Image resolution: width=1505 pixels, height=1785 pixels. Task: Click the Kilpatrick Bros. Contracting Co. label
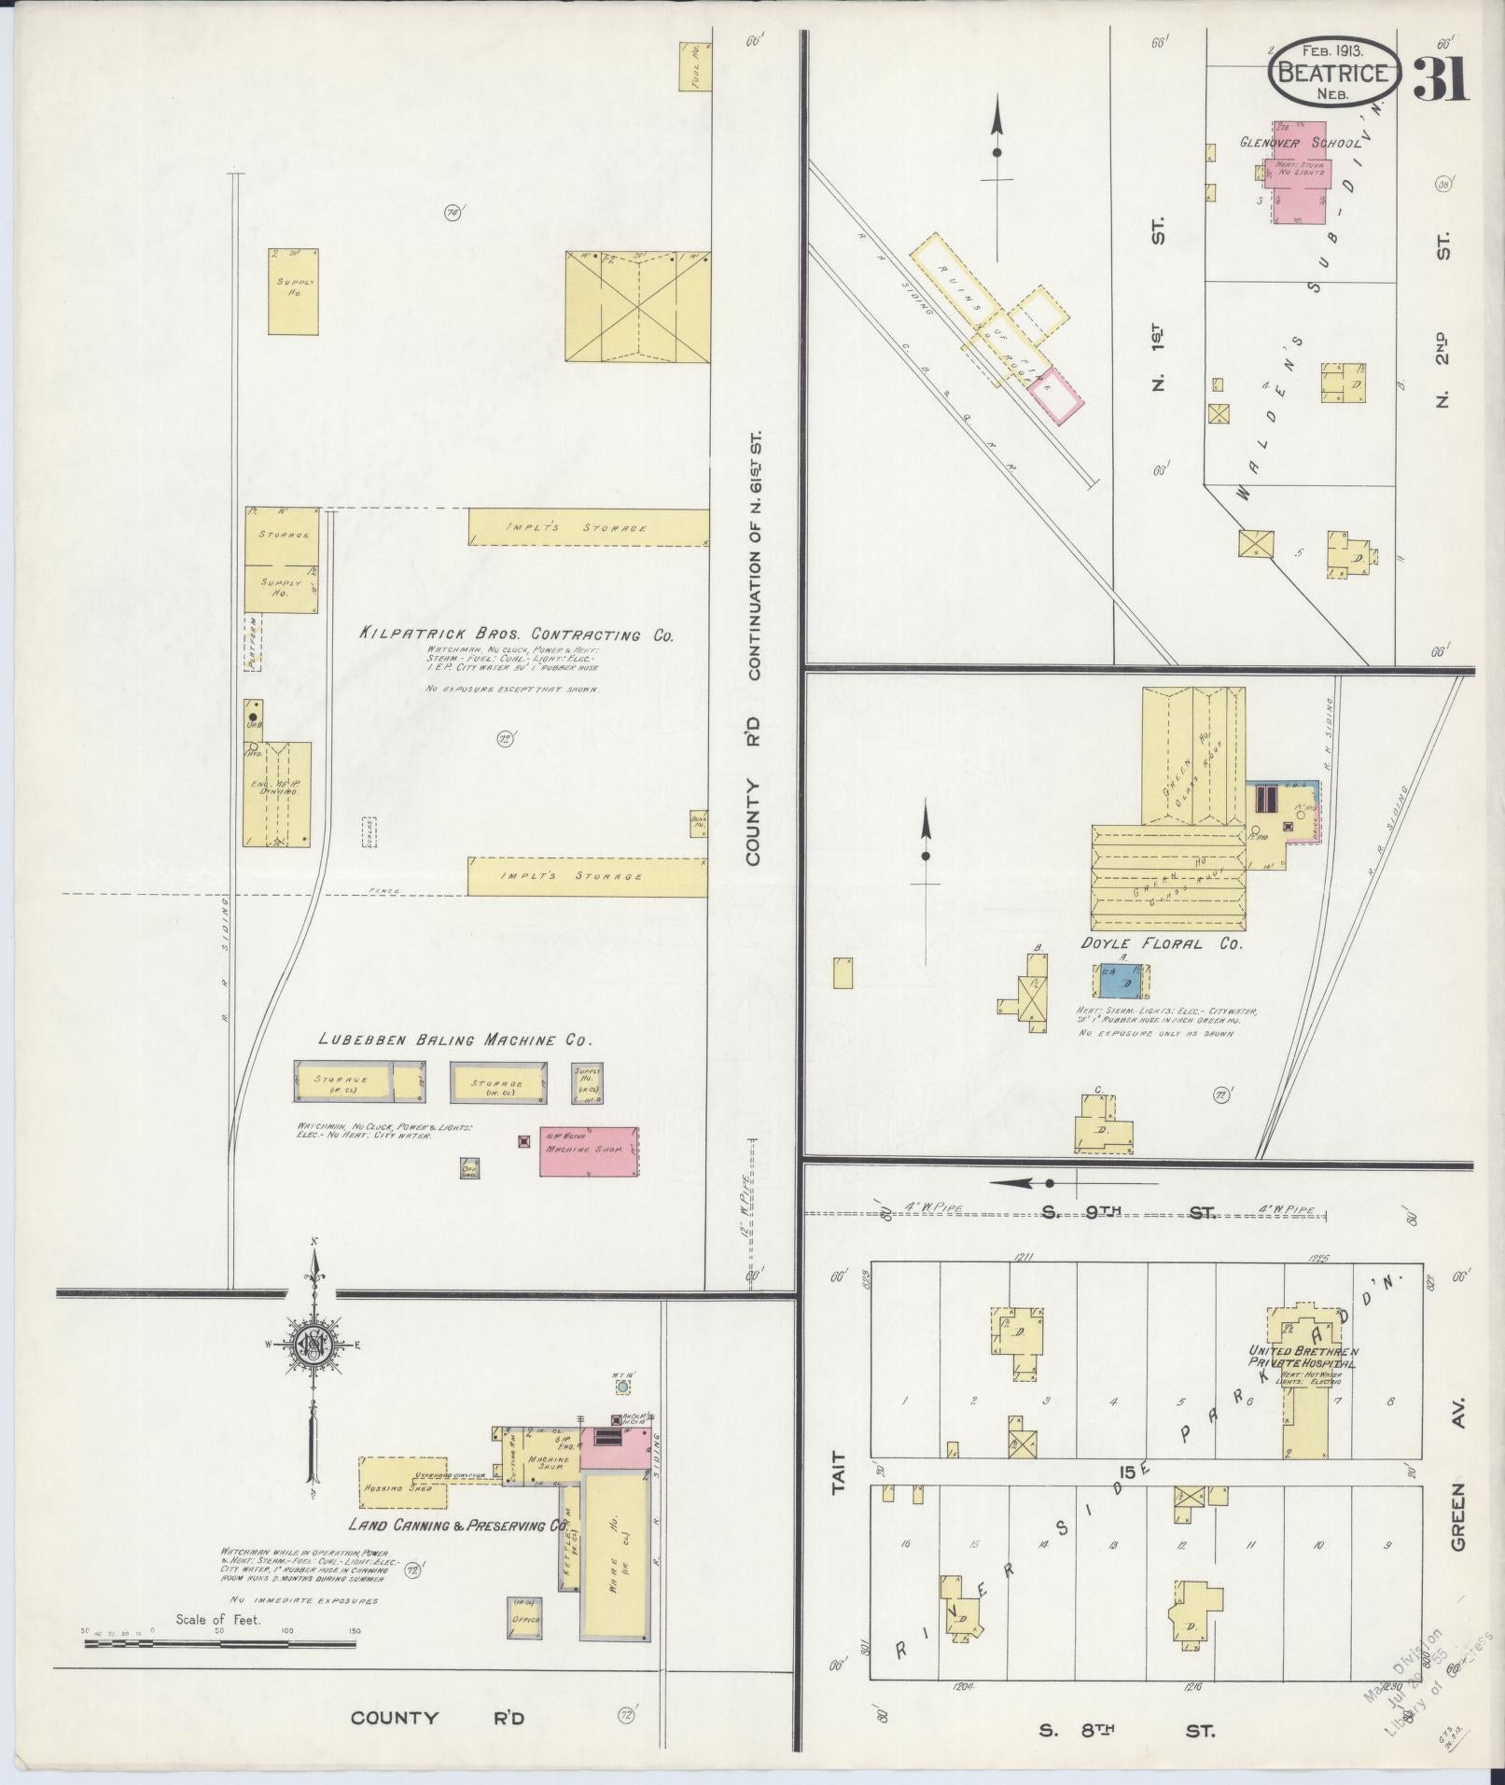pos(516,634)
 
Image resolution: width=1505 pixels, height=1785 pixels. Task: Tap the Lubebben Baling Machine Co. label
pos(455,1039)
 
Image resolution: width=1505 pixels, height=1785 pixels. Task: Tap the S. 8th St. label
pos(1127,1732)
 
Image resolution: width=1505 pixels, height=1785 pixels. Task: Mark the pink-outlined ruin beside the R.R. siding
pos(1056,396)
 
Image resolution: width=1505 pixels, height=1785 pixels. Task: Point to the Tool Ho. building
pos(695,65)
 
